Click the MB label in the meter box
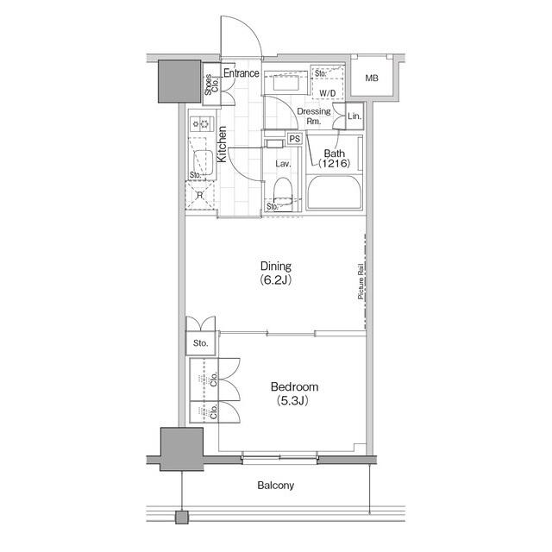click(372, 78)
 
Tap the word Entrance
click(241, 73)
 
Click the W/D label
click(327, 92)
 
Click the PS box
click(294, 139)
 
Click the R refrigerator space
click(199, 196)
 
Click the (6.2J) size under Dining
click(276, 280)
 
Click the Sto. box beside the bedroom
click(201, 342)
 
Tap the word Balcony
click(275, 486)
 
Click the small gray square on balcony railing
click(180, 517)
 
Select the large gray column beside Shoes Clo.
click(179, 81)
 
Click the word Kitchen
click(222, 145)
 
